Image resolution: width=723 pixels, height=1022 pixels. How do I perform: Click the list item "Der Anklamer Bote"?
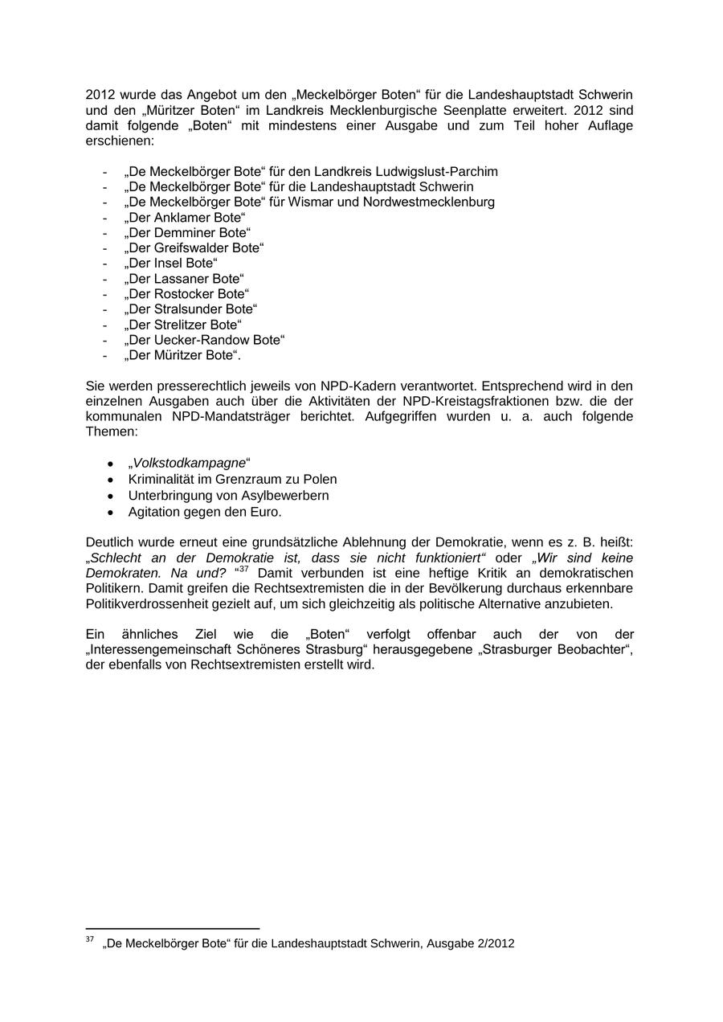184,218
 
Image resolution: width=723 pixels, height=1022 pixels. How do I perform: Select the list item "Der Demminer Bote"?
186,233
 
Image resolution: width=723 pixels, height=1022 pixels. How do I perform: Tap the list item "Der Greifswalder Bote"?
194,248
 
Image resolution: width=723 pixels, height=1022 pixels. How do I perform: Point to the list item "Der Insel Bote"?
170,264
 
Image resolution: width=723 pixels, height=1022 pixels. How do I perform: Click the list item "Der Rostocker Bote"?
186,294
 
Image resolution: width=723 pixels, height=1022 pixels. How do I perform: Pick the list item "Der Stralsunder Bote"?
190,309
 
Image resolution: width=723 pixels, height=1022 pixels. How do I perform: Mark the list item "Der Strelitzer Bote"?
182,325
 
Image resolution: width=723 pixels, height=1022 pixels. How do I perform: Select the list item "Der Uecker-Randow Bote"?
204,340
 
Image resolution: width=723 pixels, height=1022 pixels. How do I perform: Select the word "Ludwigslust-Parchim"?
439,172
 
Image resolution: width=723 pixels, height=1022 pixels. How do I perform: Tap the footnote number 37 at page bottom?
89,940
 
